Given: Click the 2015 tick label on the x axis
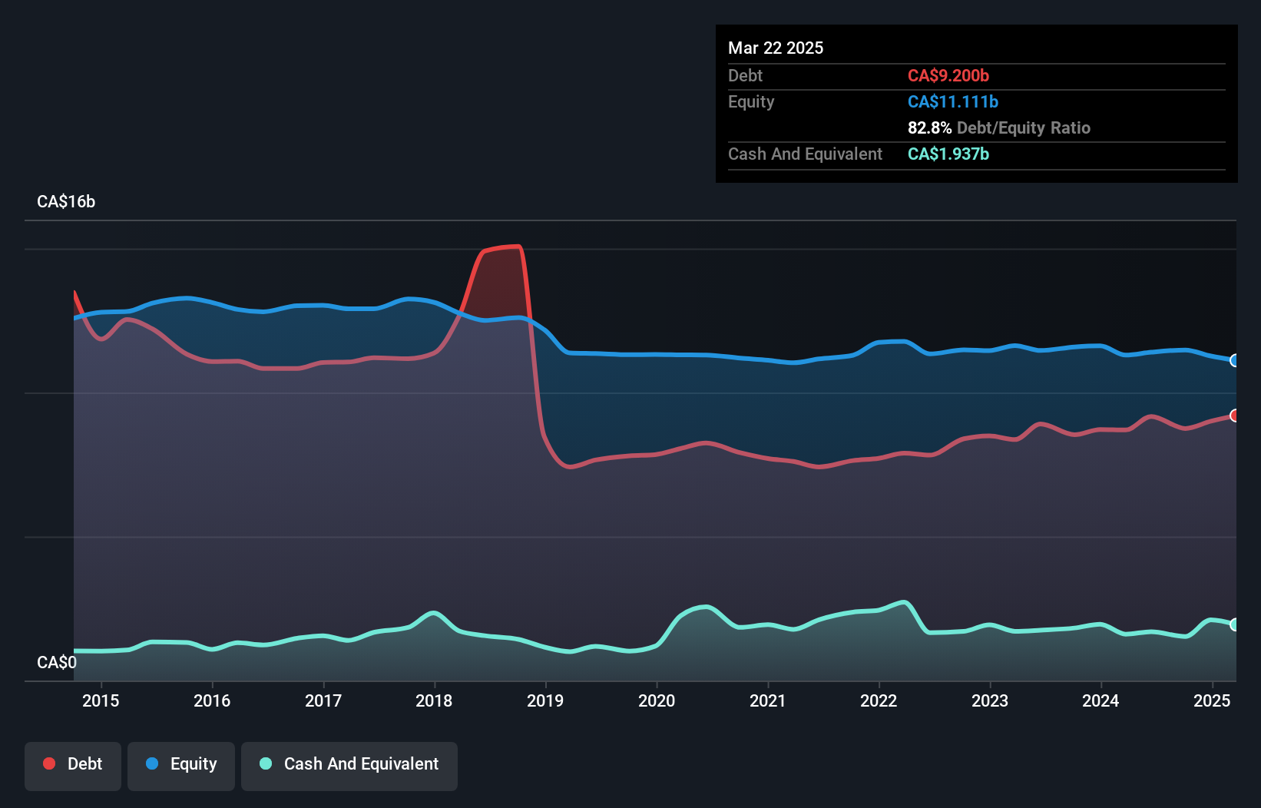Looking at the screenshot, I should click(x=101, y=700).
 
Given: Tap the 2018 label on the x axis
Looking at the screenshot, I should click(x=434, y=700).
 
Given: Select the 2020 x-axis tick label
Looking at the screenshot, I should click(x=657, y=700).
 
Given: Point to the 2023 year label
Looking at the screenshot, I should click(x=990, y=700).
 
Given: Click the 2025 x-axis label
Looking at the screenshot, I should click(x=1212, y=700).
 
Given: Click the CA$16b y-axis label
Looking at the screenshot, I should click(x=66, y=201).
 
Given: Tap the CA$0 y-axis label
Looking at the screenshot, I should click(x=57, y=662).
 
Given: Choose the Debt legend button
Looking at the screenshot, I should click(x=73, y=764).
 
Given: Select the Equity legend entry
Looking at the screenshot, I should click(x=181, y=764).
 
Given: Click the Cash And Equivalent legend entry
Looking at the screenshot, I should click(x=349, y=764).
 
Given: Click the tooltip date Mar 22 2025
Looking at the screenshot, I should click(x=776, y=48).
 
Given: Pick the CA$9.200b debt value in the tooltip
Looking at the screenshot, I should click(x=948, y=75).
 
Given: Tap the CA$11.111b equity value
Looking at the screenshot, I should click(x=953, y=101).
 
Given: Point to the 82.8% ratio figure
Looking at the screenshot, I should click(x=929, y=127).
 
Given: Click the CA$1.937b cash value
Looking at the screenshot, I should click(x=948, y=154).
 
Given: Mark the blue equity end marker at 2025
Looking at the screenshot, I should click(x=1234, y=360).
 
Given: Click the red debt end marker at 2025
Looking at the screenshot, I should click(x=1234, y=416).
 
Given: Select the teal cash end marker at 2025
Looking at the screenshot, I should click(x=1234, y=624).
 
